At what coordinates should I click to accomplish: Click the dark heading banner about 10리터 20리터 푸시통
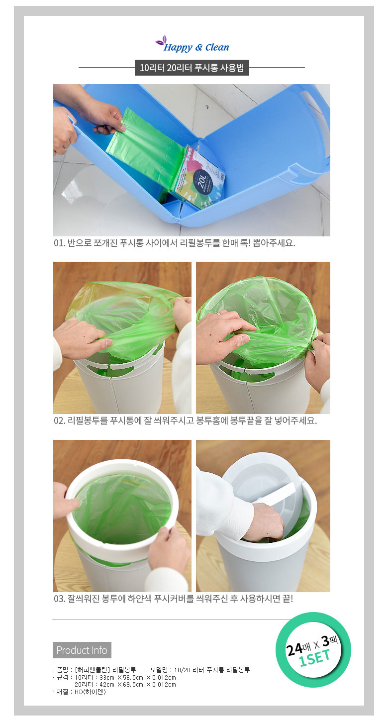coord(192,68)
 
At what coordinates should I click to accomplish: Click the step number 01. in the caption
coord(59,243)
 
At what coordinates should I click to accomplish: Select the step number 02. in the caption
coord(60,420)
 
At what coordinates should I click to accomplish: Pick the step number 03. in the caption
coord(60,599)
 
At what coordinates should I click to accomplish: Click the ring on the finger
coord(218,313)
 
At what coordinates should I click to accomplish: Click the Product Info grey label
coord(82,650)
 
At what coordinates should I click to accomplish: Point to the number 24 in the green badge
coord(294,649)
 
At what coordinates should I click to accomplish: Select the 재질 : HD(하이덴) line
coord(79,691)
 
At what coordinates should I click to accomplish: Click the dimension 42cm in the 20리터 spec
coord(107,685)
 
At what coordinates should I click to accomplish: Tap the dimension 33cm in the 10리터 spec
coord(107,678)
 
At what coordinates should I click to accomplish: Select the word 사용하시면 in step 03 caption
coord(260,599)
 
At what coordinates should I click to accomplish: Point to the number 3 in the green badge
coord(326,641)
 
